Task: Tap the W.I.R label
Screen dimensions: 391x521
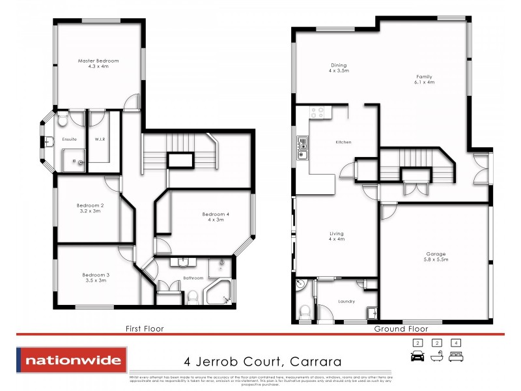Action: point(100,139)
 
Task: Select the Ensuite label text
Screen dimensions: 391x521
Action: point(69,139)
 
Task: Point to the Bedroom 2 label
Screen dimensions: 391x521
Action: point(91,205)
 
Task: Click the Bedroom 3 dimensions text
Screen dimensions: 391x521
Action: point(96,281)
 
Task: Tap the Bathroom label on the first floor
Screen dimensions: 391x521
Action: point(193,278)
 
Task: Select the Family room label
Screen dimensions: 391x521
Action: point(424,77)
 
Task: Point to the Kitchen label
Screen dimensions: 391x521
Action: point(344,142)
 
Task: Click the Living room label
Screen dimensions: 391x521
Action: point(336,233)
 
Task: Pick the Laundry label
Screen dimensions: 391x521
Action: point(346,301)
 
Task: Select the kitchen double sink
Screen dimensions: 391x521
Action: point(302,148)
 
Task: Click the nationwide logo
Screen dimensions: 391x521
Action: point(72,360)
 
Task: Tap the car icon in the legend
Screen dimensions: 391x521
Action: point(417,356)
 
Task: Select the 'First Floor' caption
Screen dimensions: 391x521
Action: point(145,329)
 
